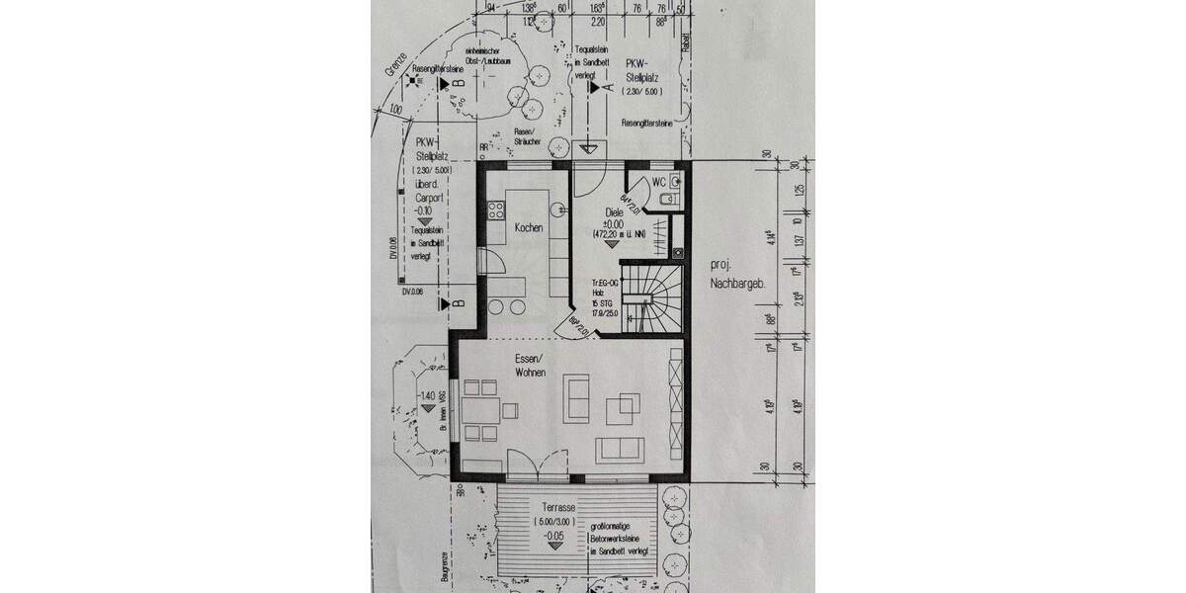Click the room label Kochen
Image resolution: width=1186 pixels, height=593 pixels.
[x=528, y=227]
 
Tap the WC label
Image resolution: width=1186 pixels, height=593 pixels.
[x=658, y=182]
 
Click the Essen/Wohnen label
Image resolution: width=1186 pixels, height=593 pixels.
[x=531, y=365]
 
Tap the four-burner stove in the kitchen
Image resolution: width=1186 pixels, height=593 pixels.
[x=495, y=211]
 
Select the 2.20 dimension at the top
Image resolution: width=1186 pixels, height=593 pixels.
[x=597, y=19]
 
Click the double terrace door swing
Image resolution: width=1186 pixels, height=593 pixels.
[x=539, y=462]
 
